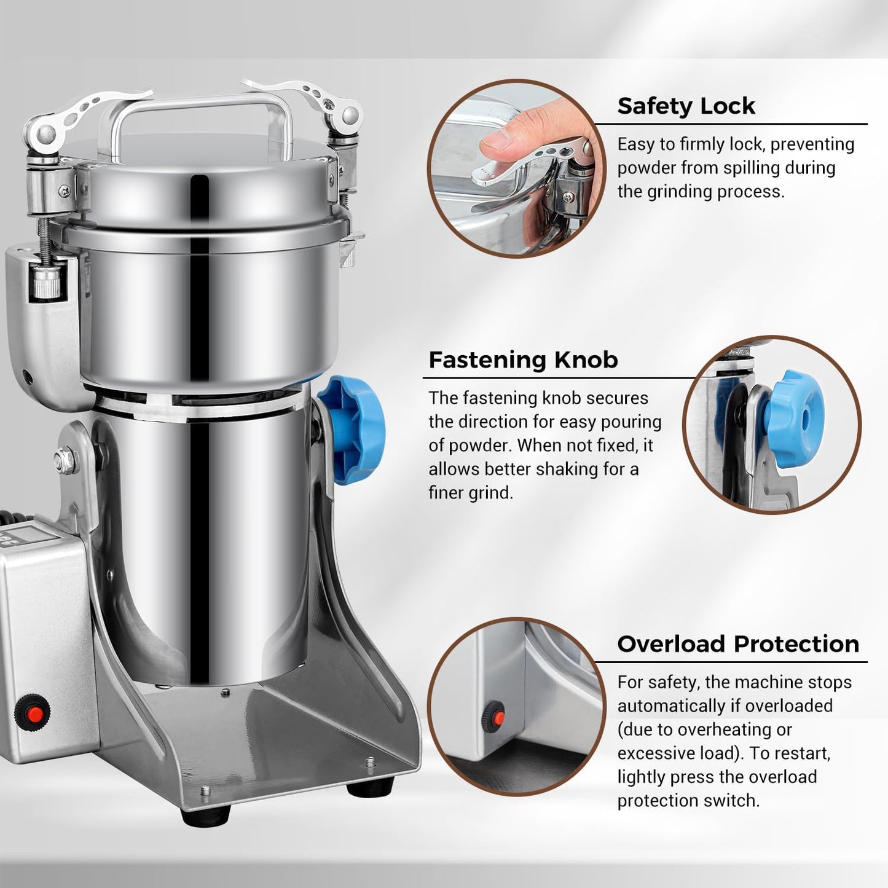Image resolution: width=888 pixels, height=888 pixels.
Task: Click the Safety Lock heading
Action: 686,106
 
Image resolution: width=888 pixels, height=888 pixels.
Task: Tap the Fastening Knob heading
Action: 523,360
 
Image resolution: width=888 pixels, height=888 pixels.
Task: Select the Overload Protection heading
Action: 738,643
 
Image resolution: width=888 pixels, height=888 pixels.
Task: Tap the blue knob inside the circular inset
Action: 797,417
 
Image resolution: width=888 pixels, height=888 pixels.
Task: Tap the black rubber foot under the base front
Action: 205,814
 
